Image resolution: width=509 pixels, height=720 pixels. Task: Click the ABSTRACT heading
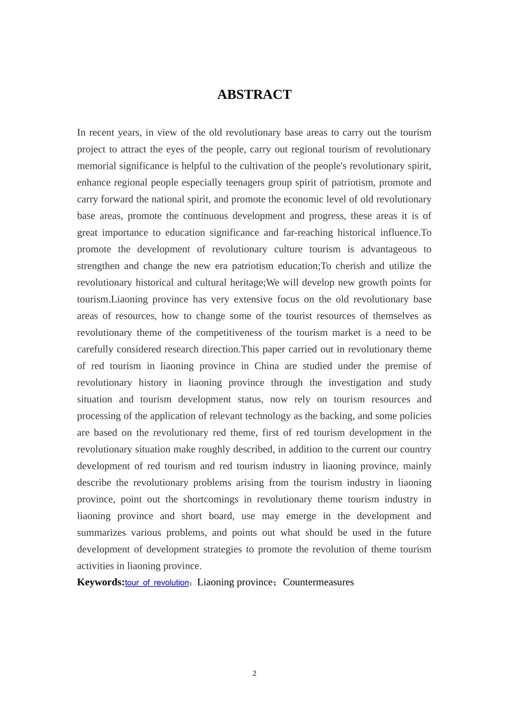(254, 95)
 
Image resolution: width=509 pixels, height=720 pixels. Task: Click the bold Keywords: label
(101, 582)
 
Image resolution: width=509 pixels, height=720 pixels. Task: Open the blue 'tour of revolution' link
(156, 583)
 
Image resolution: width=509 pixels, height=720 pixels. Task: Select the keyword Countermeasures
(318, 582)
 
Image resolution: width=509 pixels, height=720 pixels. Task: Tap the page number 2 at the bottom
(254, 673)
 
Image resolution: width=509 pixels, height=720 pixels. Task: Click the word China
(266, 366)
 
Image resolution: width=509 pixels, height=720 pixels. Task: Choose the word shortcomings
(211, 499)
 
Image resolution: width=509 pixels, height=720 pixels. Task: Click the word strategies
(221, 550)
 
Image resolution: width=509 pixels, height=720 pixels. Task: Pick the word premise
(394, 366)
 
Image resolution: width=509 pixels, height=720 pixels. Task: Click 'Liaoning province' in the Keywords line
(235, 582)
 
